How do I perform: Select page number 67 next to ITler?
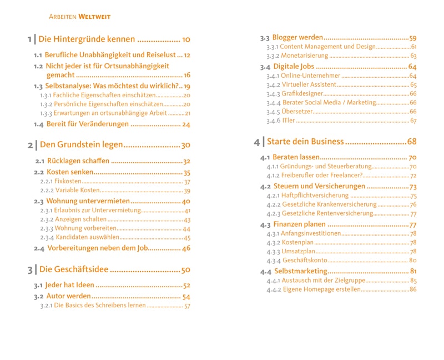413,121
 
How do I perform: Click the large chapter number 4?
256,142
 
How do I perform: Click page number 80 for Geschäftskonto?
413,260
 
